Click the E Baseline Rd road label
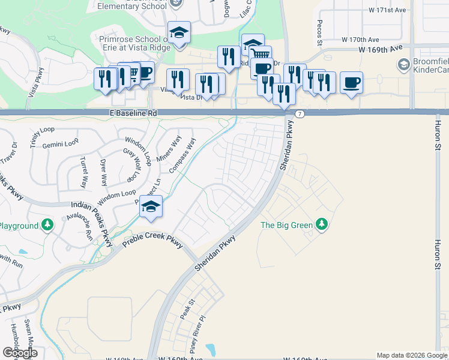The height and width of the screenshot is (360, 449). (x=133, y=113)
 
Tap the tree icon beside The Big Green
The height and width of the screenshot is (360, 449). (x=323, y=224)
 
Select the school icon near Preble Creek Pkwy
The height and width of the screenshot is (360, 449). (x=151, y=207)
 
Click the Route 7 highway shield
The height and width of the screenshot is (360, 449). (x=300, y=113)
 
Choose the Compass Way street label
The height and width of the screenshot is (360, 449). (x=183, y=155)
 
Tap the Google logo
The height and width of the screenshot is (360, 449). (x=19, y=353)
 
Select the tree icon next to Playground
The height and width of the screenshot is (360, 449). (x=47, y=226)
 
